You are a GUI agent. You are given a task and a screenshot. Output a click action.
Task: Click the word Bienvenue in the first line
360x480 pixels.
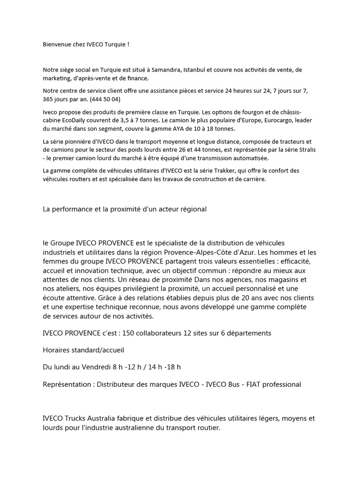tap(57, 44)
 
